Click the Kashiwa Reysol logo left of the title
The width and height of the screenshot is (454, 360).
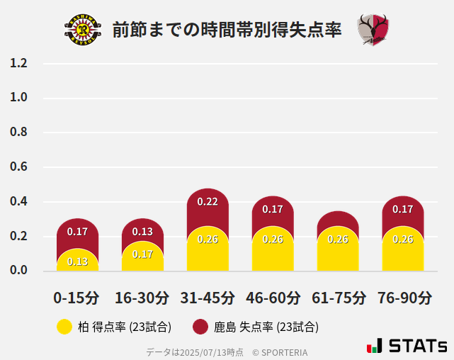point(82,30)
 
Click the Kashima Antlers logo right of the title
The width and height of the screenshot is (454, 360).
point(373,30)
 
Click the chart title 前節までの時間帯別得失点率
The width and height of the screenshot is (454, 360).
point(227,30)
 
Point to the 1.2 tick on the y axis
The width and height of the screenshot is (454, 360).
point(19,64)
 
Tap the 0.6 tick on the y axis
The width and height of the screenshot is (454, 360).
point(19,167)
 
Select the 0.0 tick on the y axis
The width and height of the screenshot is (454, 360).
point(19,271)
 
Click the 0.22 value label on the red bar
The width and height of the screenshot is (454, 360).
point(208,202)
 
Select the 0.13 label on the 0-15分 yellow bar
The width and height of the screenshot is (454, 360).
point(77,262)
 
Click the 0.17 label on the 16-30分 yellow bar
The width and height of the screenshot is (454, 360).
point(142,254)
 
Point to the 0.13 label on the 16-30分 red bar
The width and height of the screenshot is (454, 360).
point(142,232)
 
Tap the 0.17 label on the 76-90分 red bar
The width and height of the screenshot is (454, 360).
point(403,210)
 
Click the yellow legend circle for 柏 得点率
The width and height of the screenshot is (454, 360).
point(64,327)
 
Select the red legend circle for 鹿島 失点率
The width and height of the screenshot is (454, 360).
point(200,327)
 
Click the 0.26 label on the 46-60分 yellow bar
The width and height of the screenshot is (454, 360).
point(273,240)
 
